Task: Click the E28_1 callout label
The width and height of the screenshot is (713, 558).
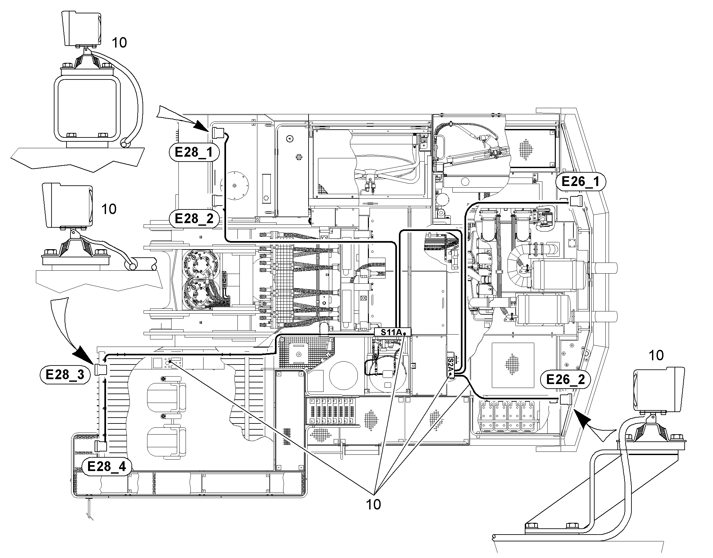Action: [x=194, y=152]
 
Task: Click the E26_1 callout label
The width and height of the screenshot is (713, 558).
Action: [x=581, y=181]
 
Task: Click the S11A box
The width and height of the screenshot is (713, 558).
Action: [x=392, y=332]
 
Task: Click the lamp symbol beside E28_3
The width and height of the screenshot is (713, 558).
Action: [x=101, y=369]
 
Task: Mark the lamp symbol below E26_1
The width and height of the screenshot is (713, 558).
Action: [x=576, y=201]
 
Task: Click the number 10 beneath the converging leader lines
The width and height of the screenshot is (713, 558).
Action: [x=373, y=505]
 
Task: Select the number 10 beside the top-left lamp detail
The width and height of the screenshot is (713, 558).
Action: [x=119, y=43]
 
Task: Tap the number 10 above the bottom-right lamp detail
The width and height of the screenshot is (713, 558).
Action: [x=656, y=355]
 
